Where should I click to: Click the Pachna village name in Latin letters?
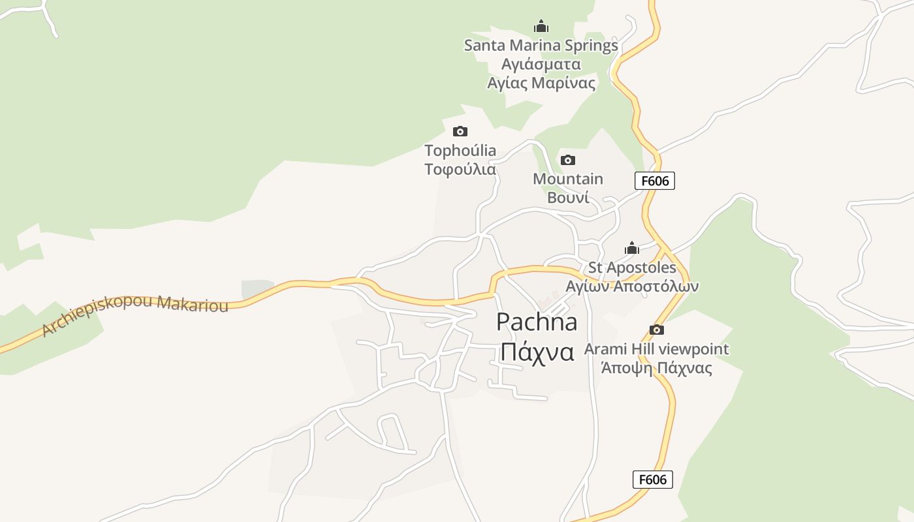pyautogui.click(x=537, y=322)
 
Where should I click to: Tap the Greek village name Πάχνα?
pyautogui.click(x=537, y=352)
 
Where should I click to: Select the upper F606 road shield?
pyautogui.click(x=654, y=181)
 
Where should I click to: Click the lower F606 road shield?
pyautogui.click(x=652, y=480)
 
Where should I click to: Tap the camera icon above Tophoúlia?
pyautogui.click(x=460, y=132)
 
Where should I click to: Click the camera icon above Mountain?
pyautogui.click(x=568, y=160)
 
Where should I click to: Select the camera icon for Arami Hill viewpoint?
pyautogui.click(x=657, y=330)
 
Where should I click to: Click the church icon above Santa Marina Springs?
pyautogui.click(x=541, y=27)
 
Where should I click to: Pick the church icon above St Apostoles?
pyautogui.click(x=631, y=248)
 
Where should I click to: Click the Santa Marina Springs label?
pyautogui.click(x=541, y=46)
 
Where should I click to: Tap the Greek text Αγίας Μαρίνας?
pyautogui.click(x=541, y=83)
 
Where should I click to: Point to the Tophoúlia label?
pyautogui.click(x=460, y=151)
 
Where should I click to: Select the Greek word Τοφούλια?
pyautogui.click(x=460, y=170)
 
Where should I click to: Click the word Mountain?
pyautogui.click(x=568, y=179)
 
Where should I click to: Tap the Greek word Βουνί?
pyautogui.click(x=568, y=198)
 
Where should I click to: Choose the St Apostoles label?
pyautogui.click(x=632, y=268)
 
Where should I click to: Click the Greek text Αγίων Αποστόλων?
pyautogui.click(x=632, y=286)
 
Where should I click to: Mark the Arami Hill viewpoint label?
pyautogui.click(x=656, y=349)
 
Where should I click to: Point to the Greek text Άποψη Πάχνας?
pyautogui.click(x=656, y=368)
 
